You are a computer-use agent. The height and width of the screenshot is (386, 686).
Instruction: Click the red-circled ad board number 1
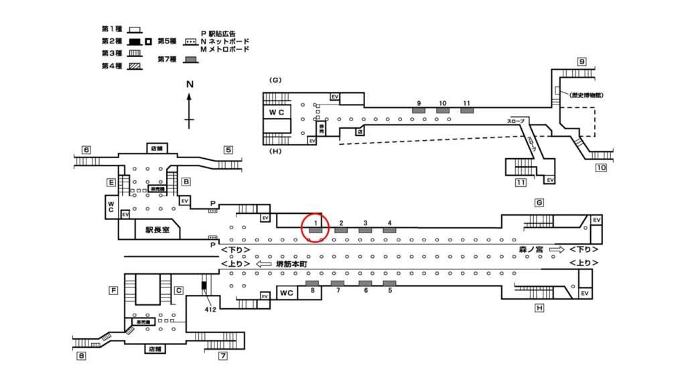point(316,230)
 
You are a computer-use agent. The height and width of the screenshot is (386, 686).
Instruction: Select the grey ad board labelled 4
point(389,230)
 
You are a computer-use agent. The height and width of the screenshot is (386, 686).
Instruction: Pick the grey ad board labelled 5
point(389,283)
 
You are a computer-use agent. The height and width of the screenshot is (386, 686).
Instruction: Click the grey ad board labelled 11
point(466,110)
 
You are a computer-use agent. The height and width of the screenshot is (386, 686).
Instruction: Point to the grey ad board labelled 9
point(418,110)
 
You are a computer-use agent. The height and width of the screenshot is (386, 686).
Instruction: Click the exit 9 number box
point(582,62)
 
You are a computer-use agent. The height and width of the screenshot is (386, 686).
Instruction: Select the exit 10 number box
point(600,167)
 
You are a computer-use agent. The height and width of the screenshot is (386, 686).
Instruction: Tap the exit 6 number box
point(86,149)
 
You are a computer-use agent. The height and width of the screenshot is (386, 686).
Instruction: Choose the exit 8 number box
point(81,357)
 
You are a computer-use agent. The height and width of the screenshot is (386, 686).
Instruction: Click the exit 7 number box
point(223,357)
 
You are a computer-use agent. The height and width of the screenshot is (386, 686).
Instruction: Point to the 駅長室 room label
point(158,230)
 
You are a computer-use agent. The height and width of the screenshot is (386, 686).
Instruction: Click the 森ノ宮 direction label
point(532,249)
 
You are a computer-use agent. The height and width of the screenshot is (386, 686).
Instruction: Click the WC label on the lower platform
point(286,293)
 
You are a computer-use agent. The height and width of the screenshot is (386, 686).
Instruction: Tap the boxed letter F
point(115,289)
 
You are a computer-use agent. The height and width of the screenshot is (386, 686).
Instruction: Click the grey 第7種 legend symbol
point(191,60)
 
